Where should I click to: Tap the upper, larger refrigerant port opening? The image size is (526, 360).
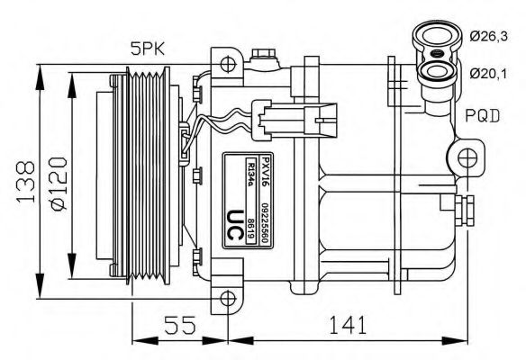432,37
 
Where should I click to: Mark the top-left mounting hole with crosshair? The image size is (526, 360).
230,64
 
